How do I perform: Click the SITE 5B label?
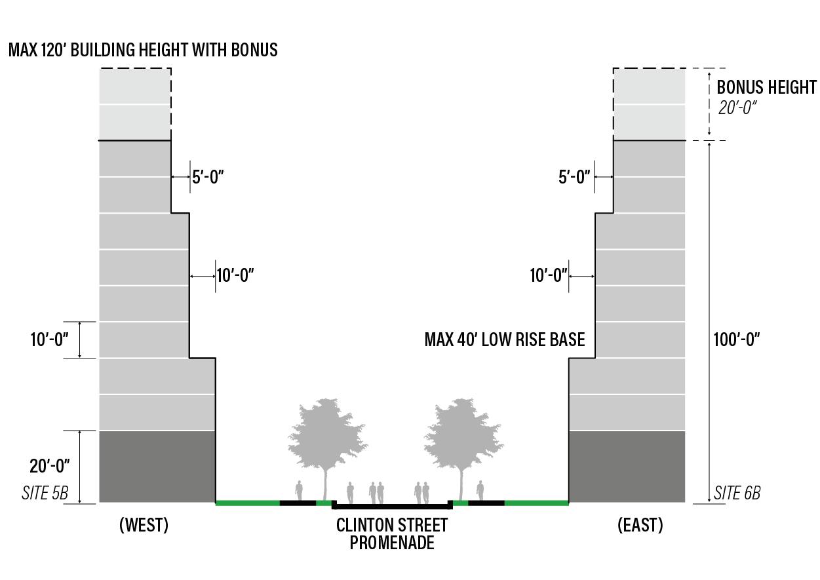click(45, 493)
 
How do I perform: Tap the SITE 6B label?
click(737, 493)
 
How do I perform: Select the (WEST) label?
click(144, 525)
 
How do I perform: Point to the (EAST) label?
click(640, 525)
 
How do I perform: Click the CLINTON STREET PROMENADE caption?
click(392, 533)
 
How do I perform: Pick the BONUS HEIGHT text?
click(766, 87)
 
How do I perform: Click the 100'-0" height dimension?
click(737, 339)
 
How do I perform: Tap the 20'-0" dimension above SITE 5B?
click(50, 466)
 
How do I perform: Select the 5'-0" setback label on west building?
click(208, 177)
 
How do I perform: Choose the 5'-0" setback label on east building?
click(574, 177)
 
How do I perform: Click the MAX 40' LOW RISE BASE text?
click(505, 339)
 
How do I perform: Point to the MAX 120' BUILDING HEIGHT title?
click(143, 50)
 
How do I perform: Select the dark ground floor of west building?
click(157, 467)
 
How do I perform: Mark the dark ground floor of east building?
click(627, 467)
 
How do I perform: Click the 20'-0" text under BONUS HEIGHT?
click(737, 107)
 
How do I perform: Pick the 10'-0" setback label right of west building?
click(235, 275)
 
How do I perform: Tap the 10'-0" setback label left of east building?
click(548, 275)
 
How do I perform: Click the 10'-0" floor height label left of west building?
click(50, 340)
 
